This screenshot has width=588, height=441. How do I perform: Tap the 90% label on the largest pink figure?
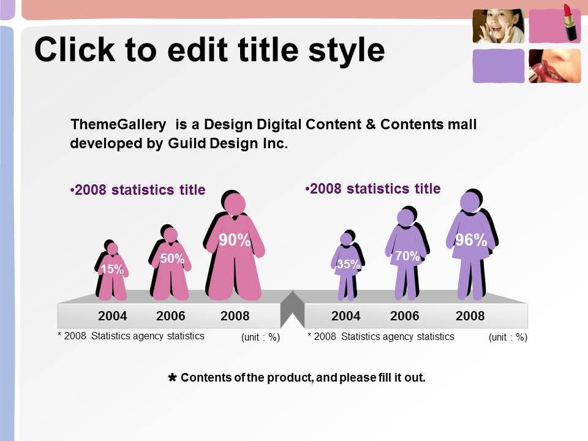[x=235, y=240]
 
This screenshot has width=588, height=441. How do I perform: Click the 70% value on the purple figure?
[x=407, y=256]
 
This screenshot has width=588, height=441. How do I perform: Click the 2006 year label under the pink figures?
[x=171, y=316]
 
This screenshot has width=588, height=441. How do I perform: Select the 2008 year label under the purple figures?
[x=470, y=316]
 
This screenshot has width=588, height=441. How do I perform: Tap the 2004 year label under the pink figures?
[x=113, y=316]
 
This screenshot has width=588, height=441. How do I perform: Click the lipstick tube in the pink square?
[x=570, y=23]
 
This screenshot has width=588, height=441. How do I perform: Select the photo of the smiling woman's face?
[x=499, y=26]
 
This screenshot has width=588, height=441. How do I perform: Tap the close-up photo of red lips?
[x=555, y=66]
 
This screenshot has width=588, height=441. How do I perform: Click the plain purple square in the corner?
[x=499, y=66]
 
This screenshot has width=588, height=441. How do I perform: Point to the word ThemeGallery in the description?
[x=118, y=124]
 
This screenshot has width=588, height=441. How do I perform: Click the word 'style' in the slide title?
[x=347, y=51]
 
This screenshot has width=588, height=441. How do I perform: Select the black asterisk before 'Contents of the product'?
[x=172, y=377]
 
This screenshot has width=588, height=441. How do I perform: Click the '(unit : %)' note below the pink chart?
[x=261, y=337]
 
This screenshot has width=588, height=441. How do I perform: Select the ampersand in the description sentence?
[x=371, y=124]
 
